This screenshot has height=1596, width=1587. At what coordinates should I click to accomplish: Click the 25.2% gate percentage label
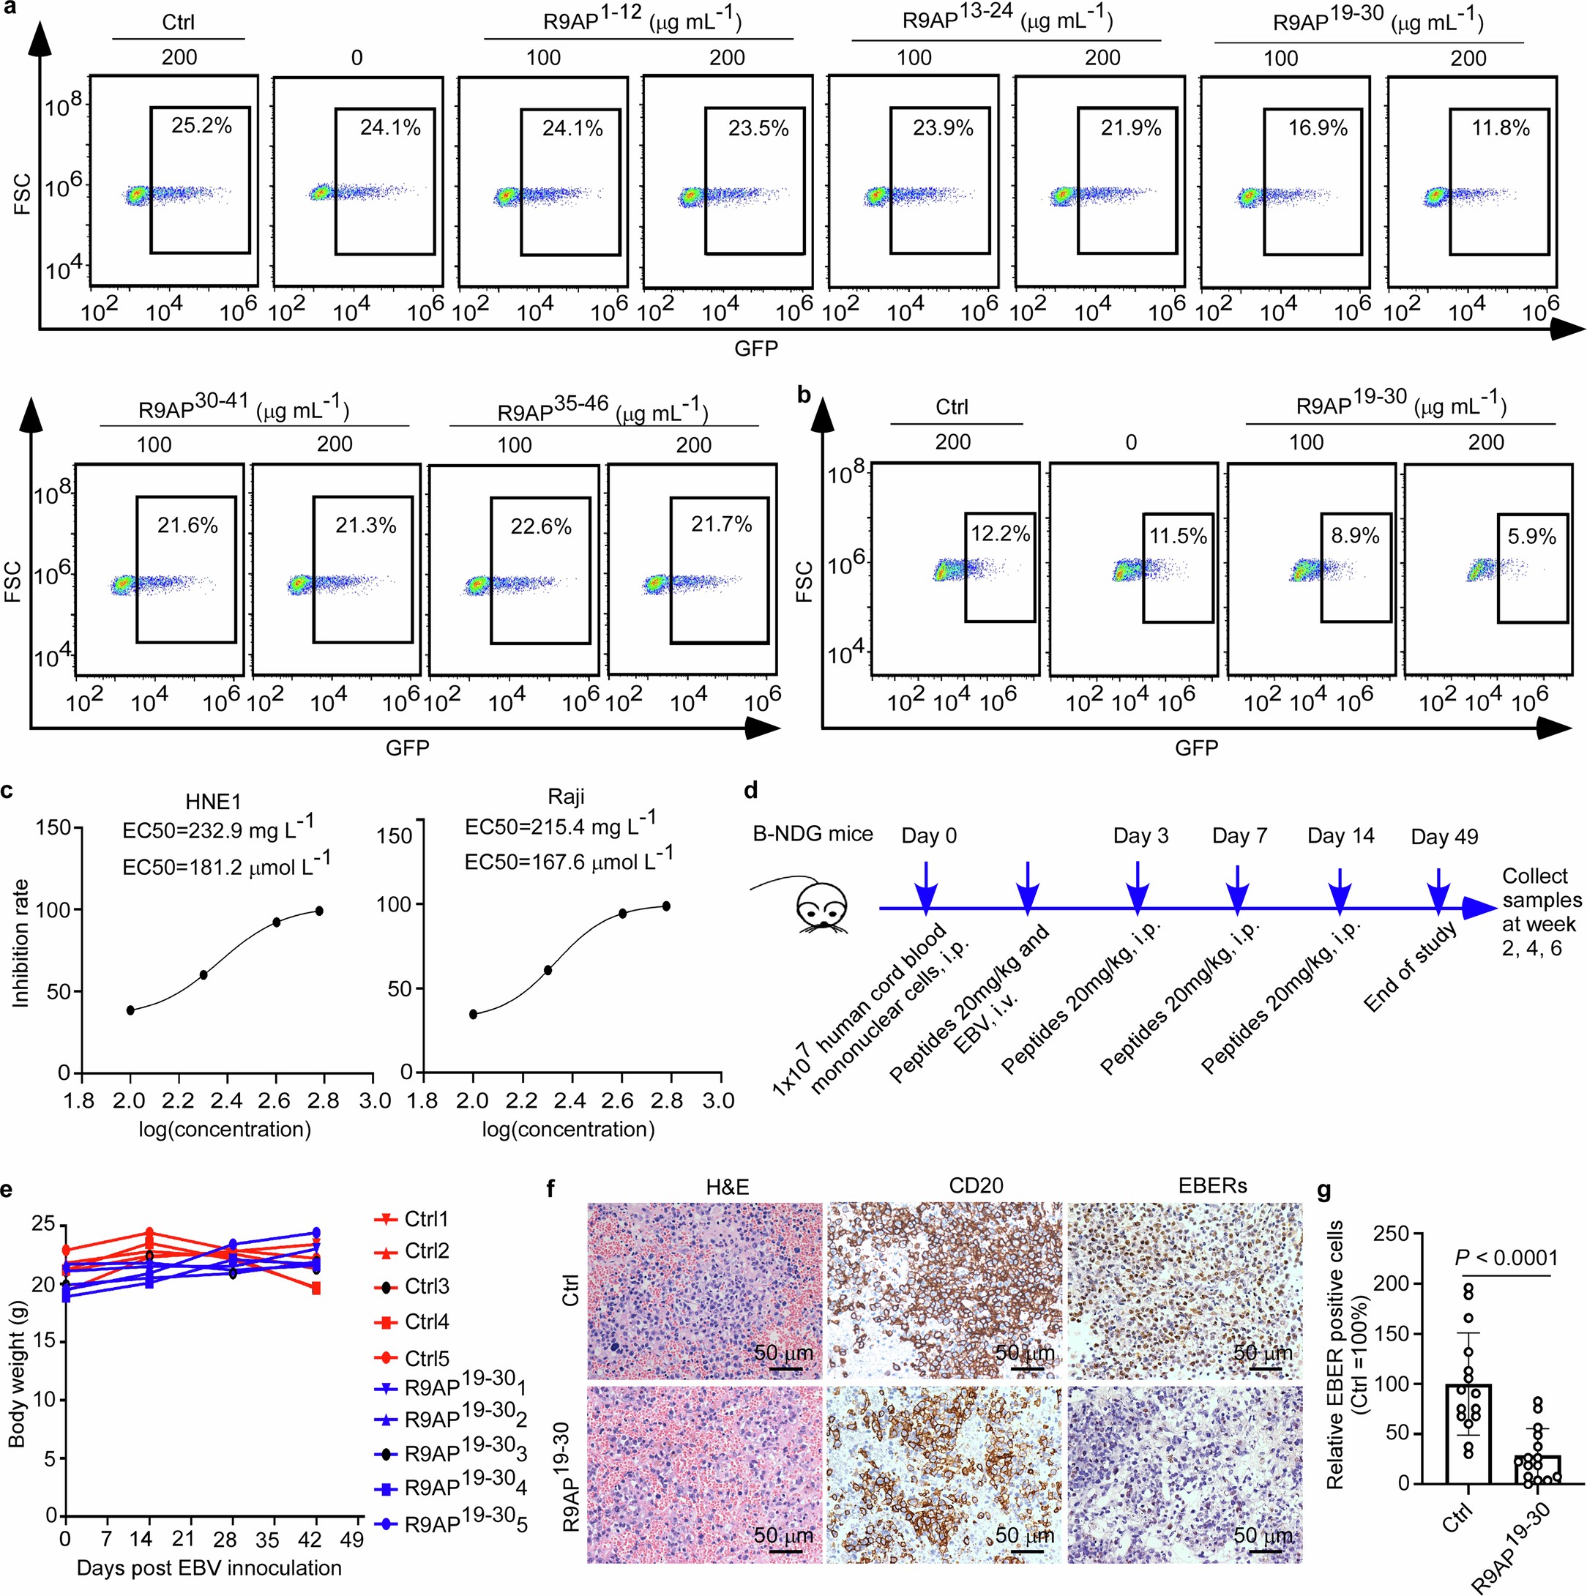tap(201, 126)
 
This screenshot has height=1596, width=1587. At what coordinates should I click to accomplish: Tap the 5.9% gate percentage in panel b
tap(1531, 536)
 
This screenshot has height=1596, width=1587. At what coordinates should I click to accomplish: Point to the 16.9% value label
tap(1318, 128)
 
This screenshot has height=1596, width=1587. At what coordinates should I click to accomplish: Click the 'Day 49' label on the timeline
tap(1444, 836)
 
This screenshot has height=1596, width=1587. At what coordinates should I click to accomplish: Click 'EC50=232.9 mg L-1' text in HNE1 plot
tap(218, 829)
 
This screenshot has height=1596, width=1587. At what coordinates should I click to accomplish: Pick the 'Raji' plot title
tap(566, 797)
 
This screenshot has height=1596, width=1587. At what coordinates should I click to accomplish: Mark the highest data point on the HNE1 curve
tap(319, 910)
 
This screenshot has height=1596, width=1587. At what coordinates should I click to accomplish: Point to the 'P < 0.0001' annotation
tap(1505, 1258)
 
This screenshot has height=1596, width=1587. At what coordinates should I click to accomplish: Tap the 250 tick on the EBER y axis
tap(1389, 1234)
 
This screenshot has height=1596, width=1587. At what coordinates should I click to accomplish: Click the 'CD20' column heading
tap(976, 1185)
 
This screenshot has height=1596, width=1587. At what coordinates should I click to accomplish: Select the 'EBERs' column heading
tap(1213, 1185)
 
